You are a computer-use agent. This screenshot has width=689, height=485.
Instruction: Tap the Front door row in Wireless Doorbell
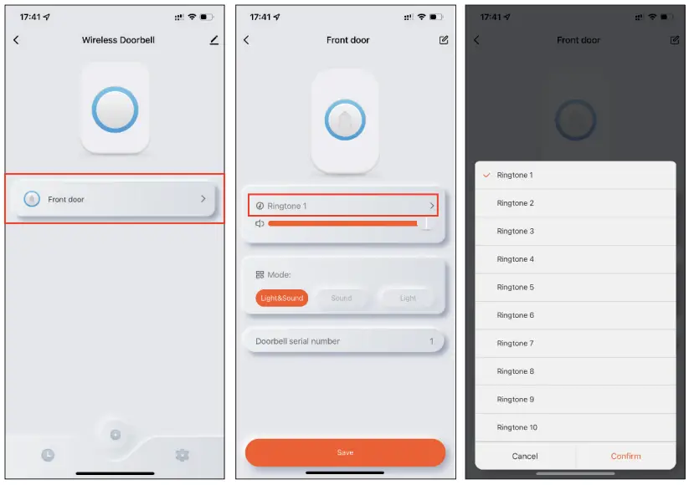tap(116, 199)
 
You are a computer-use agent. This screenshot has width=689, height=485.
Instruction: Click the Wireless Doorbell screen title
tap(118, 40)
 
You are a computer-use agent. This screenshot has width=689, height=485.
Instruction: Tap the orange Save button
tap(345, 452)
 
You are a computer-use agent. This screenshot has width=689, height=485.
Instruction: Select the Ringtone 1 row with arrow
tap(343, 206)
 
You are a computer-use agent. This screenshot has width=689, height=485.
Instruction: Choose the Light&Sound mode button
tap(281, 298)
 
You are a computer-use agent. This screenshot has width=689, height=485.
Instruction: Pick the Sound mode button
tap(342, 298)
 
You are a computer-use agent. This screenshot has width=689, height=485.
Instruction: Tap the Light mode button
tap(408, 298)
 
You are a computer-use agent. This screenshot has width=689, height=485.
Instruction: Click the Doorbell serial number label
tap(298, 341)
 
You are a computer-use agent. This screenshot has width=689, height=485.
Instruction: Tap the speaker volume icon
tap(260, 223)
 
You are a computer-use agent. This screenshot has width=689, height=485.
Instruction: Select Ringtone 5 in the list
tap(515, 287)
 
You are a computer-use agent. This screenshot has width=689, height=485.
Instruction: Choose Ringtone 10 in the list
tap(517, 427)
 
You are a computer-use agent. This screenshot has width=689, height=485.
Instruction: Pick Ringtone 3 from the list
tap(515, 231)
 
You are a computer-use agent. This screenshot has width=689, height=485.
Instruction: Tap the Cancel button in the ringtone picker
tap(525, 456)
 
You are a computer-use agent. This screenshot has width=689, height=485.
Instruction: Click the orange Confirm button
tap(625, 456)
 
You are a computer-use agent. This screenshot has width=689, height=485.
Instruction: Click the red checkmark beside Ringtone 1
tap(486, 175)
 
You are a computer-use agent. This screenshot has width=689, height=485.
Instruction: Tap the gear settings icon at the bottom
tap(182, 455)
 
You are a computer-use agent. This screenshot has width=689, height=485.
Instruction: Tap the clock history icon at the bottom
tap(49, 455)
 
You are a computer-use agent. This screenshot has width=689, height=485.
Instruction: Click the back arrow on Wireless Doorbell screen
tap(16, 40)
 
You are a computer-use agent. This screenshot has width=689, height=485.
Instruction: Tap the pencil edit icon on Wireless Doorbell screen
tap(214, 40)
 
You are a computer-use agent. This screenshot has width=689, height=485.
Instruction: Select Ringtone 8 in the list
tap(515, 371)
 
